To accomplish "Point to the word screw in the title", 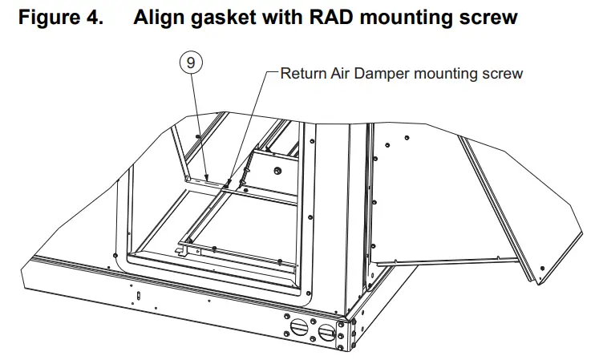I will point(488,17).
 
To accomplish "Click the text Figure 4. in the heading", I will point(59,17).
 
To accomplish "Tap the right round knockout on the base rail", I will point(326,331).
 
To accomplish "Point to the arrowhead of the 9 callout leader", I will point(206,178).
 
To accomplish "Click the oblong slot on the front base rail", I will point(136,296).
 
